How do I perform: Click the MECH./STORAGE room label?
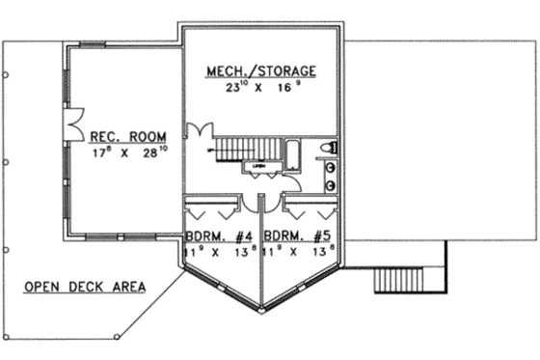[261, 71]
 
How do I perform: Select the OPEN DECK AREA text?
[85, 286]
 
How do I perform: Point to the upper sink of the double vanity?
[331, 166]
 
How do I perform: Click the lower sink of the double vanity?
[331, 183]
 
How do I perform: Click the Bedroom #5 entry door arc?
[269, 202]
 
